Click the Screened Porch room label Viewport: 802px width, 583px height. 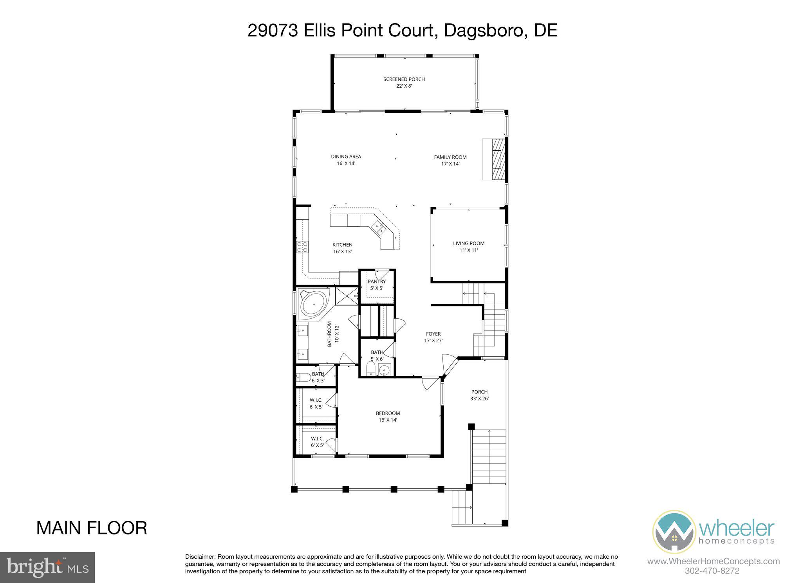[404, 82]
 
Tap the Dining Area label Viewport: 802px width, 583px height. [346, 160]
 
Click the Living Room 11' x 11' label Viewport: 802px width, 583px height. [468, 247]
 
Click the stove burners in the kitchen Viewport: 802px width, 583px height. [302, 247]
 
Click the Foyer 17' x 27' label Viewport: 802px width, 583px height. [433, 337]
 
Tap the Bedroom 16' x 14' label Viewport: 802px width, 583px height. [388, 416]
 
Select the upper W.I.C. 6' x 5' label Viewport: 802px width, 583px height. [316, 403]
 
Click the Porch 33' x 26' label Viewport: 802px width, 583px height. [479, 395]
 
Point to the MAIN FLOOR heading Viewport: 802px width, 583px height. [92, 528]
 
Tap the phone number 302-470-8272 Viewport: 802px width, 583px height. [712, 570]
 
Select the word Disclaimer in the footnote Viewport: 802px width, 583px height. [200, 557]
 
